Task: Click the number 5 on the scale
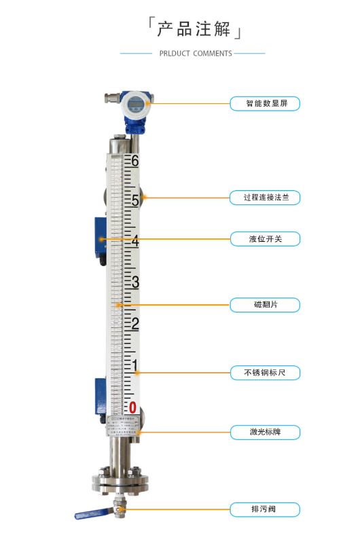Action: tap(135, 201)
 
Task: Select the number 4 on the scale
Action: tap(135, 241)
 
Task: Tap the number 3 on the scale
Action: tap(135, 282)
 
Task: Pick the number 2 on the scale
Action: tap(135, 323)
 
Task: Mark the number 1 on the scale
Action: tap(135, 367)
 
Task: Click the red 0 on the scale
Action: tap(134, 407)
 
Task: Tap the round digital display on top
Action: tap(134, 105)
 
